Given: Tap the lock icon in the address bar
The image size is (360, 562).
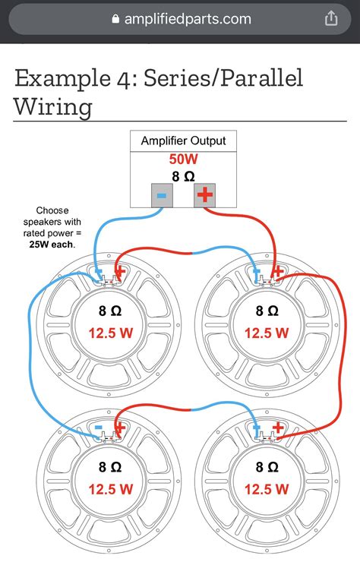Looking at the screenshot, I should [115, 19].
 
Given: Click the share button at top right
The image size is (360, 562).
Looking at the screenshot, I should [331, 19].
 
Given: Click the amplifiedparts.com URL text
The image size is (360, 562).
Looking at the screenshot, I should [188, 19].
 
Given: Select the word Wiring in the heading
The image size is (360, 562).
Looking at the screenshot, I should [53, 106].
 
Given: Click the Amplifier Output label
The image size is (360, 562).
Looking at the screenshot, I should [183, 141].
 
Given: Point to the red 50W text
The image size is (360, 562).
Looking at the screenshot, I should [183, 159].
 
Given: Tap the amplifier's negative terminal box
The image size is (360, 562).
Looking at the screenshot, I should [162, 194].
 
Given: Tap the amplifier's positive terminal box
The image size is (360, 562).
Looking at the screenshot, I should [204, 194].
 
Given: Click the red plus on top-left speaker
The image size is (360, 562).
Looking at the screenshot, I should [119, 273].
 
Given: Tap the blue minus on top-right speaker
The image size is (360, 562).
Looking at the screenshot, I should [255, 272].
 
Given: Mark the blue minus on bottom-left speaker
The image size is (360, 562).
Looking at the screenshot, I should [98, 428].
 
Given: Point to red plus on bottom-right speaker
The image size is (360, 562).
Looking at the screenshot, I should [278, 428].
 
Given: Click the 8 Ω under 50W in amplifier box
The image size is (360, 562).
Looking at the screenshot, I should [183, 175].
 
